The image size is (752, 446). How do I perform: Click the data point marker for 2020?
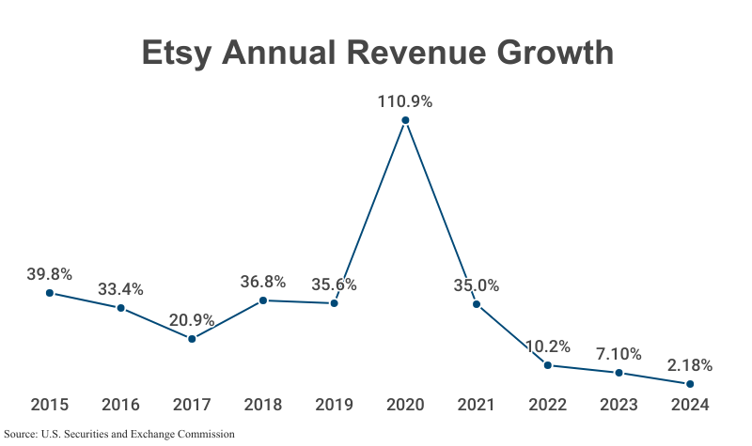coord(405,120)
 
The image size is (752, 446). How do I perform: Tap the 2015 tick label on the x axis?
coord(50,405)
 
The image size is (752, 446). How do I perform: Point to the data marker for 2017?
coord(192,339)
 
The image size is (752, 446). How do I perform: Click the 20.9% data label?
coord(192,320)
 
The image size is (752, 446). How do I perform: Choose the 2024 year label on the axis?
coord(690,405)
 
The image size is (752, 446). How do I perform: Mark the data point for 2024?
coord(690,384)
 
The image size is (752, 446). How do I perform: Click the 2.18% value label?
coord(690,364)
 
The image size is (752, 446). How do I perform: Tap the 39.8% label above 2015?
coord(50,274)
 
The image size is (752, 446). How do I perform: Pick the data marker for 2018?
coord(263,300)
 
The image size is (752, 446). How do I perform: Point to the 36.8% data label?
coord(263,282)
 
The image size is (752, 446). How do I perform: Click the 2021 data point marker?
coord(477,304)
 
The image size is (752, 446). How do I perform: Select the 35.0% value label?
coord(477,285)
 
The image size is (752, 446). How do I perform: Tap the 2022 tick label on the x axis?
coord(548,405)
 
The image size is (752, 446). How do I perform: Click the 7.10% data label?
coord(619,354)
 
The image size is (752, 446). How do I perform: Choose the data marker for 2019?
coord(334,303)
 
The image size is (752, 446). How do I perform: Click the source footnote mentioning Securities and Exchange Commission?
coord(119,435)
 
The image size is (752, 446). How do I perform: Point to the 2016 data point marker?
coord(121,308)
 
